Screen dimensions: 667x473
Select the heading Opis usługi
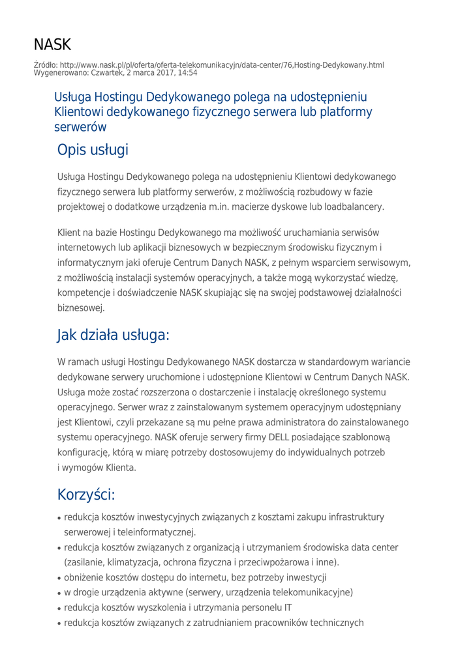pyautogui.click(x=93, y=150)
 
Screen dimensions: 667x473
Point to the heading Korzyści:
pyautogui.click(x=87, y=494)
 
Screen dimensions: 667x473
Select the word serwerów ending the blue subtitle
pyautogui.click(x=80, y=127)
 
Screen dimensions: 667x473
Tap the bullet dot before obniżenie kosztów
pyautogui.click(x=59, y=578)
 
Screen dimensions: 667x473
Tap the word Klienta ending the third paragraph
pyautogui.click(x=117, y=468)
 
